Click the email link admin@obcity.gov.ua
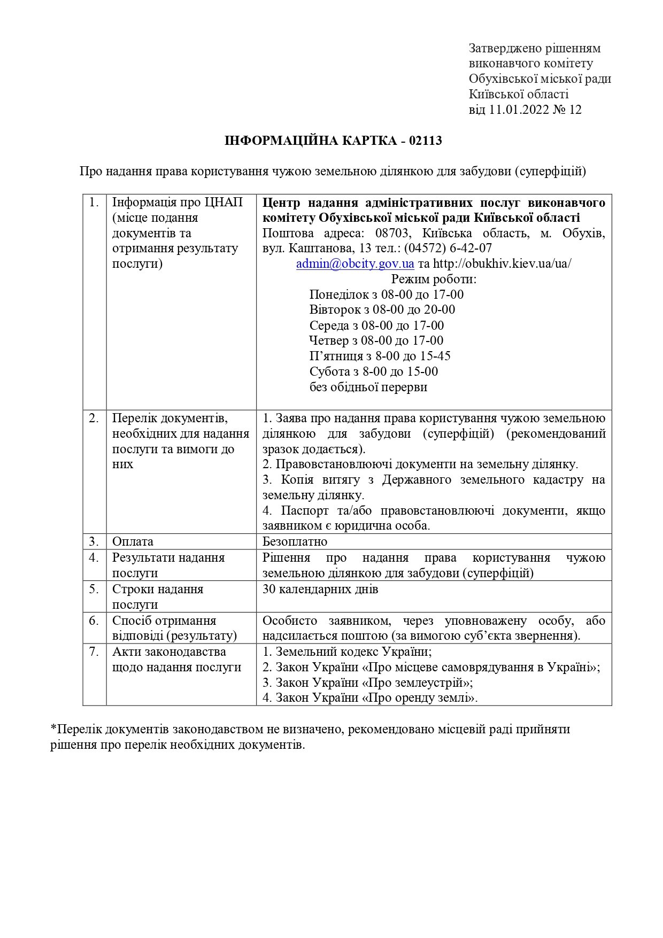point(355,264)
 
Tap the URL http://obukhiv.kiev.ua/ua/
point(502,264)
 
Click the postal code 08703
point(392,234)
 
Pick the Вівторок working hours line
point(382,310)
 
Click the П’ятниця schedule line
point(380,356)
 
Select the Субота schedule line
point(373,371)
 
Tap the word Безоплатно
point(295,541)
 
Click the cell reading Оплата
point(133,541)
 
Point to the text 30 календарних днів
point(320,589)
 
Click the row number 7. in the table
point(94,652)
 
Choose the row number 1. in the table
point(94,203)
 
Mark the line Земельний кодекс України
point(347,652)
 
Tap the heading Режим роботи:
point(434,280)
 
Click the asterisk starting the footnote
point(53,728)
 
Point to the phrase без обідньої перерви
point(368,387)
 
